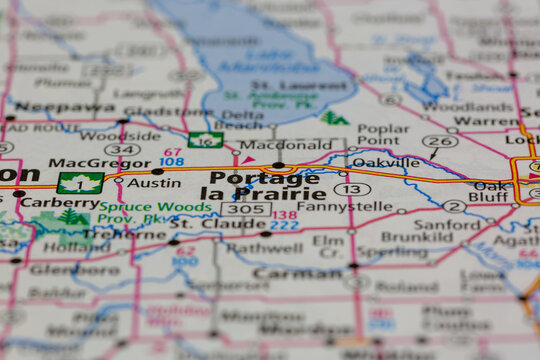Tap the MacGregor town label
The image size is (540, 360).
click(x=86, y=162)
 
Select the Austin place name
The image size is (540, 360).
click(x=154, y=183)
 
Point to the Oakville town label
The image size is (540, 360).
click(x=386, y=162)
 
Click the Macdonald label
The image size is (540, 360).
click(x=272, y=145)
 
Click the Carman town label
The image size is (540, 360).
click(x=297, y=272)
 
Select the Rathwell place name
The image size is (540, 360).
click(x=264, y=248)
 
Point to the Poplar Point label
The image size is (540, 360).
click(x=383, y=135)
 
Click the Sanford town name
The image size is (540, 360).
click(x=447, y=226)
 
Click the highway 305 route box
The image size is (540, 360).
click(x=244, y=209)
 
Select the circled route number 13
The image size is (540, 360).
click(x=352, y=188)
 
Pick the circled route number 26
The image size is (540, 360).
click(x=440, y=141)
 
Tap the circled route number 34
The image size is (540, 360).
click(x=121, y=150)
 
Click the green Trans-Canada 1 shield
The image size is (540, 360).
click(x=80, y=183)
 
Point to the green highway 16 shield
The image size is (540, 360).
click(x=205, y=141)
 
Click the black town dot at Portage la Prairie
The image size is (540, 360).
click(x=278, y=165)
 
